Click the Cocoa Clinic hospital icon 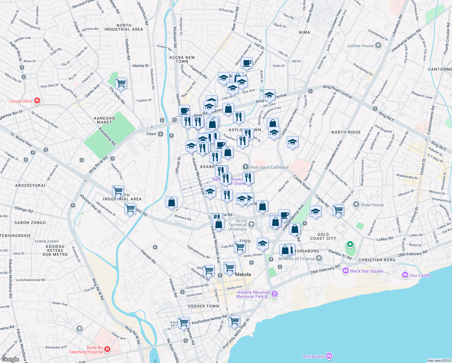37,101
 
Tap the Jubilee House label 360,46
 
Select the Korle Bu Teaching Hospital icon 107,349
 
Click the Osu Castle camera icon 405,275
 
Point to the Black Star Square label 366,271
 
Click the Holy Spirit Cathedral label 269,167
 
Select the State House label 372,205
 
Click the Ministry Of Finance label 296,259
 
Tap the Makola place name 243,274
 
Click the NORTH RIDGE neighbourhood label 346,132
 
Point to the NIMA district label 304,32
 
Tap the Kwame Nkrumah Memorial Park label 253,294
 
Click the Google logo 10,359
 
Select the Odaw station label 151,134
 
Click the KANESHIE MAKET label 105,120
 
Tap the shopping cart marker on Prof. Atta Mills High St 234,321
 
